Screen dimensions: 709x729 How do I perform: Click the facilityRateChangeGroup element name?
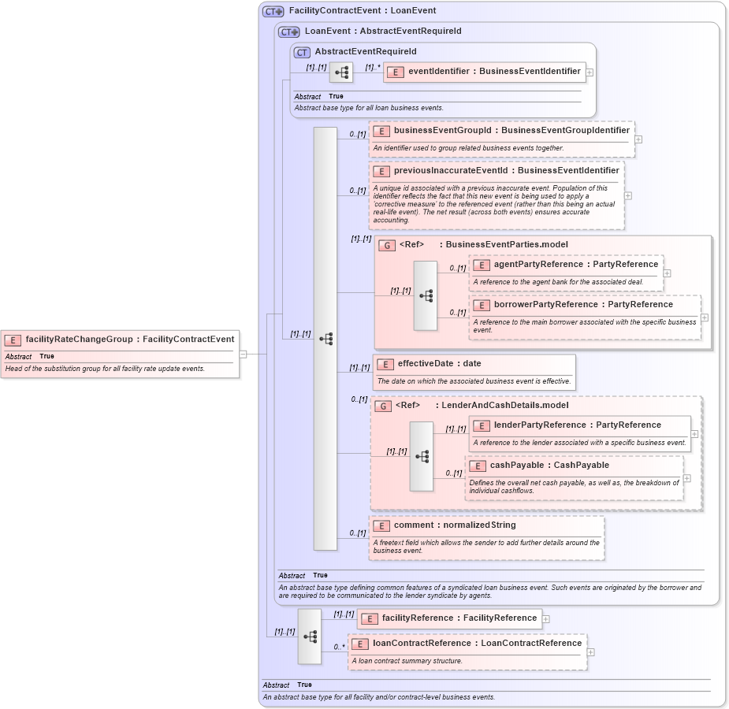click(79, 340)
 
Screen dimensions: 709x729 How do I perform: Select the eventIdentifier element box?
click(485, 72)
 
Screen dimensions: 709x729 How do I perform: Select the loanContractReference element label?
click(477, 644)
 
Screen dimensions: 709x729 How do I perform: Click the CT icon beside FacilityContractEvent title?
click(273, 11)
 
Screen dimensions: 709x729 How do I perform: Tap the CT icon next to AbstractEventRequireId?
click(302, 52)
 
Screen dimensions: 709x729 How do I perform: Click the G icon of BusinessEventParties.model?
click(386, 245)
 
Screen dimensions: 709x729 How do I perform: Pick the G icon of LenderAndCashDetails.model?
click(382, 406)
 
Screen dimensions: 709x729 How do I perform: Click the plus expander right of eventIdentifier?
click(590, 72)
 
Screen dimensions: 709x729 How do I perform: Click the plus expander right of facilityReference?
click(545, 618)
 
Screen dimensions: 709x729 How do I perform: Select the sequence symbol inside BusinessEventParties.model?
click(426, 295)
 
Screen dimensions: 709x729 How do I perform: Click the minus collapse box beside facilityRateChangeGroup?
click(244, 354)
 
